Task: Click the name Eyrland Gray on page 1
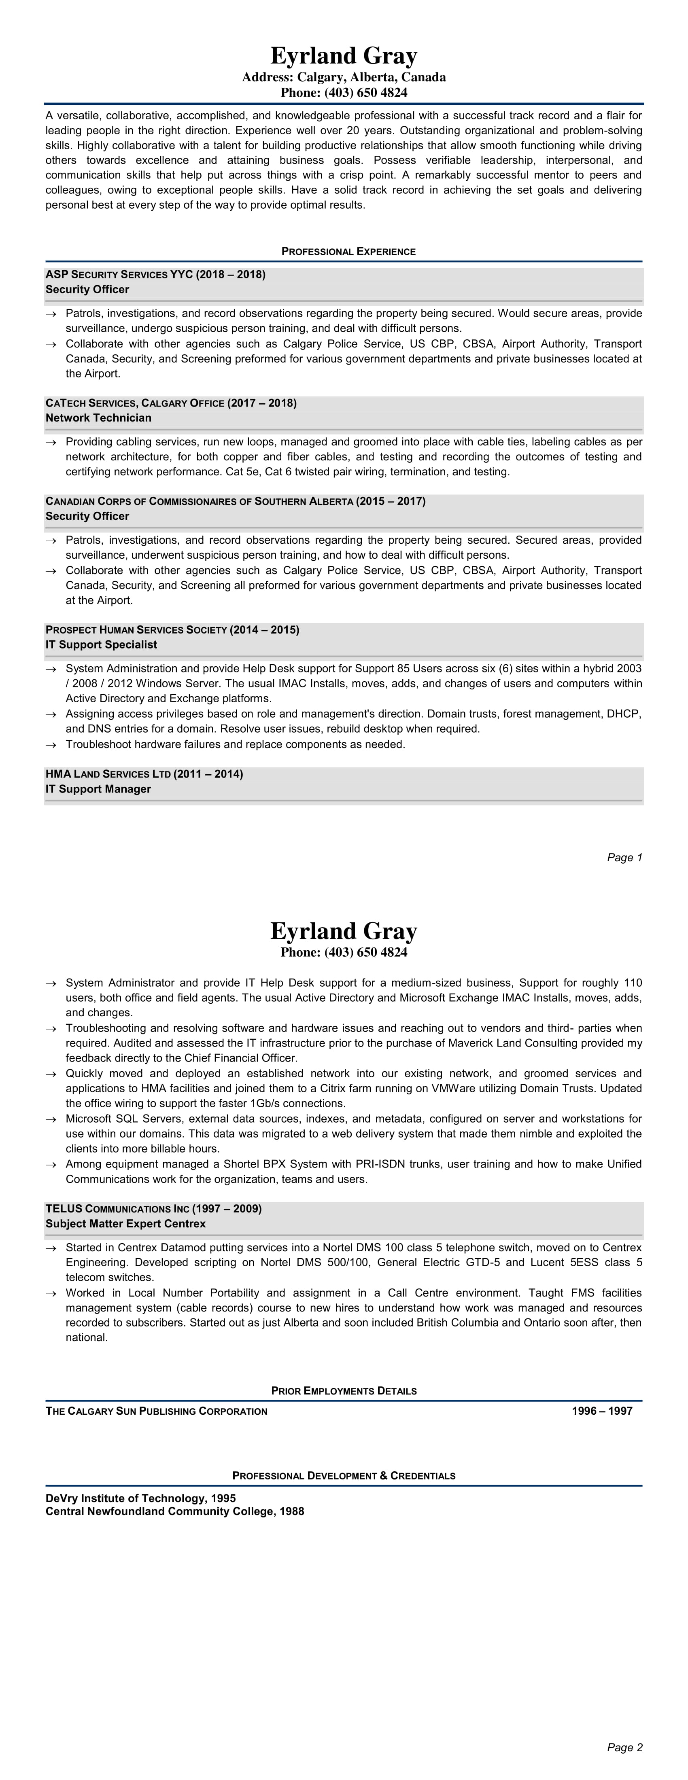tap(344, 55)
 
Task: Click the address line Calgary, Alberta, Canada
tap(344, 77)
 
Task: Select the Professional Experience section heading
tap(348, 252)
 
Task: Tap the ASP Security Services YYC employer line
tap(155, 274)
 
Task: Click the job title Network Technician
tap(98, 418)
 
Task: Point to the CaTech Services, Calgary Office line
tap(171, 403)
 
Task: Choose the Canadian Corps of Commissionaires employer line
tap(235, 501)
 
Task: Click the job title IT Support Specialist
tap(101, 645)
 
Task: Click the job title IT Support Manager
tap(98, 789)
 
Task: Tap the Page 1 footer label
tap(624, 858)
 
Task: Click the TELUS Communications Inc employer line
tap(153, 1208)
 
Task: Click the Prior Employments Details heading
tap(344, 1391)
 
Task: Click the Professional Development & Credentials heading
tap(344, 1476)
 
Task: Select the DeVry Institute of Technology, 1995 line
tap(140, 1498)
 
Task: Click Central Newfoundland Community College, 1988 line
tap(175, 1511)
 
